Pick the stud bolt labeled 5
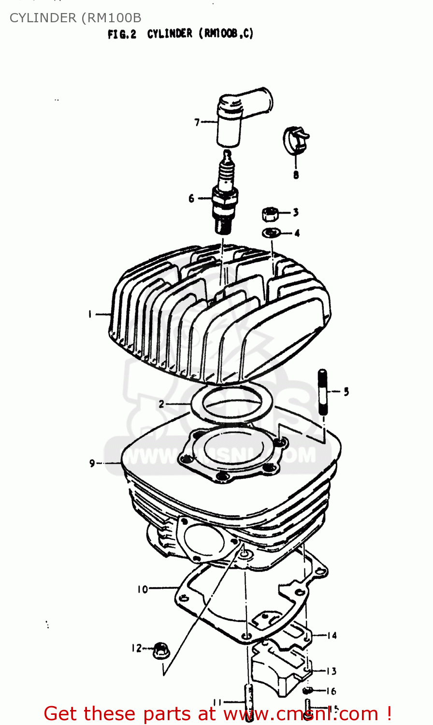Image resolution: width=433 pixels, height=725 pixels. [x=323, y=391]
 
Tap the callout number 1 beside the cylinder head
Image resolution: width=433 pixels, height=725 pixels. [x=90, y=314]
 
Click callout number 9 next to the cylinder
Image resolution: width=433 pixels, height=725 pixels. [x=92, y=463]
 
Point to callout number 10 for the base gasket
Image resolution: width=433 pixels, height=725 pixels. [x=143, y=589]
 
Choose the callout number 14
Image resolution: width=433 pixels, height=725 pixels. [x=332, y=635]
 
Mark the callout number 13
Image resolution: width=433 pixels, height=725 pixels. [x=331, y=671]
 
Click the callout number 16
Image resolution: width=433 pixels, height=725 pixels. [x=331, y=691]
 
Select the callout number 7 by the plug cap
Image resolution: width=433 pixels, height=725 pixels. [x=197, y=122]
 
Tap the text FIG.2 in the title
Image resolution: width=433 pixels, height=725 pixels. [x=122, y=34]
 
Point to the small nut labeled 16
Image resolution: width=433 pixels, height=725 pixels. [x=307, y=690]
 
